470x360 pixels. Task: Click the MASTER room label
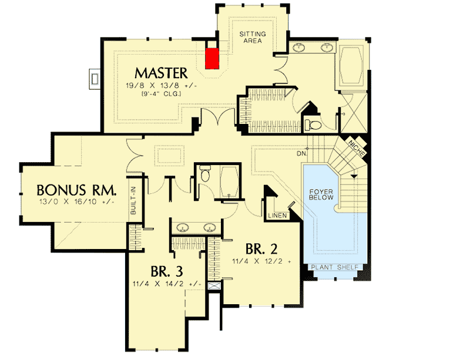[x=161, y=73]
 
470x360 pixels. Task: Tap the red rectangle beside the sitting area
[x=212, y=58]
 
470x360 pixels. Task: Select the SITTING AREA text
[x=253, y=38]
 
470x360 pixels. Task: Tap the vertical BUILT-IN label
[x=133, y=200]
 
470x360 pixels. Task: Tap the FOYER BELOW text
[x=322, y=194]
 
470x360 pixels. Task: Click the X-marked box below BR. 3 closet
[x=214, y=287]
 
